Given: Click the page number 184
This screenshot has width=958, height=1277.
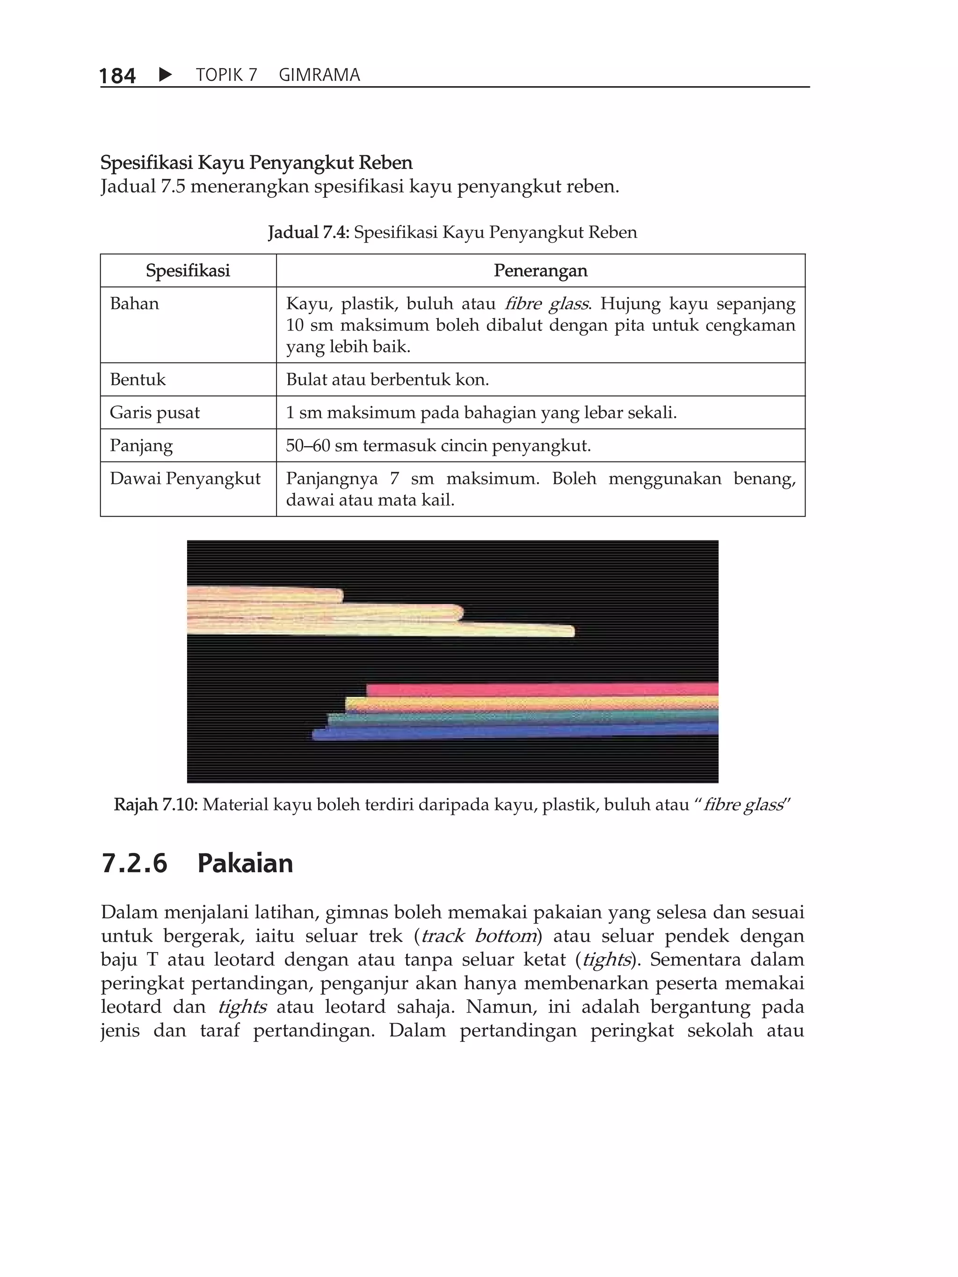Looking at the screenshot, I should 117,76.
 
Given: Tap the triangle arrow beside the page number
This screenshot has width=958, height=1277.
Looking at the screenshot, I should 165,74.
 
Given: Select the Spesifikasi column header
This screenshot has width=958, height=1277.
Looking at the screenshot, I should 188,270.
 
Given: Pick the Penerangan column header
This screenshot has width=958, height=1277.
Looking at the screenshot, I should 540,270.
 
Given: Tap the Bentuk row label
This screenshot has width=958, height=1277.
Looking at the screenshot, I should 138,379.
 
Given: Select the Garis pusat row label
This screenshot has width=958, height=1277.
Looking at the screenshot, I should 154,412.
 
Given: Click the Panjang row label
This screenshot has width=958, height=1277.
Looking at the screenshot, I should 141,445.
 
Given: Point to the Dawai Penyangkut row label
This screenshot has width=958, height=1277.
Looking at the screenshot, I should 185,478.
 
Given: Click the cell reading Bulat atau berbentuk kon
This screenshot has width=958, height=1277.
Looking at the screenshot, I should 387,379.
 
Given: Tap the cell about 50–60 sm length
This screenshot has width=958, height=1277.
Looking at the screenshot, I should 438,445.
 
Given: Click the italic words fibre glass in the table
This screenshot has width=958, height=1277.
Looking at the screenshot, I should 547,303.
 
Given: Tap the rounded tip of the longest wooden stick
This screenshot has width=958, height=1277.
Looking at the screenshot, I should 571,631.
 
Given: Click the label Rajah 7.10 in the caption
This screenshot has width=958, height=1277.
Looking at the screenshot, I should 155,804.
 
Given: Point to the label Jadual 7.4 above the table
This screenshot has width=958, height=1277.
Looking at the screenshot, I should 308,233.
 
